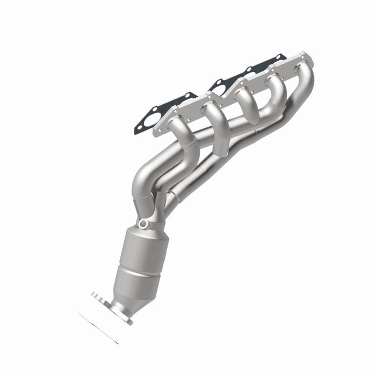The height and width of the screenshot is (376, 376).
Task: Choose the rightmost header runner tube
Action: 303,75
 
